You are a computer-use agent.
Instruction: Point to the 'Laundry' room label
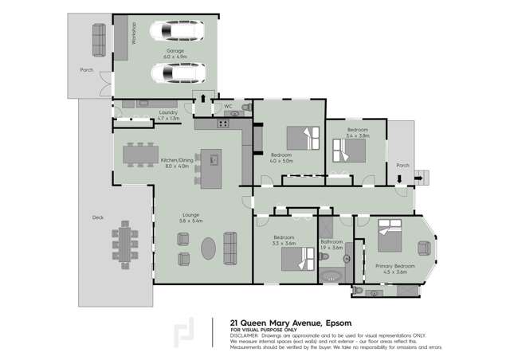click(x=168, y=112)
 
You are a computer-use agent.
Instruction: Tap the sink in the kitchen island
click(x=214, y=159)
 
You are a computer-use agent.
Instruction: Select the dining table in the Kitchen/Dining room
click(x=139, y=155)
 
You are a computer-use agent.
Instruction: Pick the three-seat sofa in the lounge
click(x=230, y=248)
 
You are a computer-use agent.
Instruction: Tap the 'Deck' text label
click(x=98, y=217)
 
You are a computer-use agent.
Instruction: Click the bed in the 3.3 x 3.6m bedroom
click(x=297, y=256)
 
